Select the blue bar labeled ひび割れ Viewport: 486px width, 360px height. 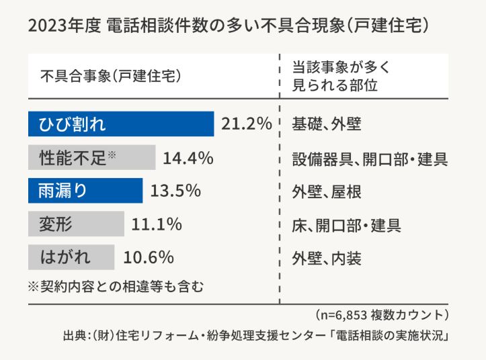point(121,124)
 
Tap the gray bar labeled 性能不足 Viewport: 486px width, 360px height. point(91,159)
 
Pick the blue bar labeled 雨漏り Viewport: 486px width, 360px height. point(85,191)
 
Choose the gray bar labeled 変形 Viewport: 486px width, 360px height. point(76,224)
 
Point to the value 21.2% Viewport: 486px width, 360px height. point(246,124)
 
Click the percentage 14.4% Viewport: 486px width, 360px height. point(188,159)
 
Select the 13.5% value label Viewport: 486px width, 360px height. point(175,191)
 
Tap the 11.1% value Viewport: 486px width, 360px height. point(157,224)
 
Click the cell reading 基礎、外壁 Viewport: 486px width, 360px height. point(327,124)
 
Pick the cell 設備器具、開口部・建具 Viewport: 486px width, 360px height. point(369,159)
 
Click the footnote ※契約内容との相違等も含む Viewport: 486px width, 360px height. point(116,285)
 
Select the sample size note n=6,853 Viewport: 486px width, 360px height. point(380,314)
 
